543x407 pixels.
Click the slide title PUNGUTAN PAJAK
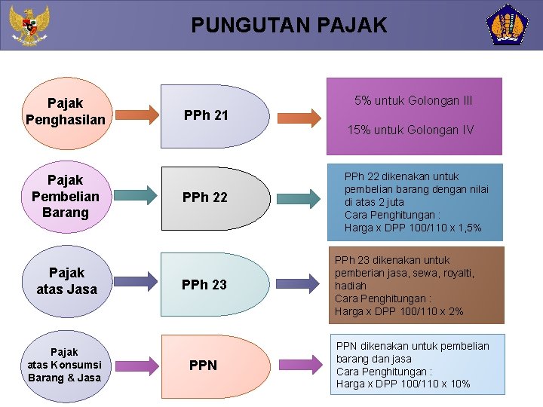click(289, 26)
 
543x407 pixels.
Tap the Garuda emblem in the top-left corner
click(29, 25)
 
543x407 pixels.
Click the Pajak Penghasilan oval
click(65, 111)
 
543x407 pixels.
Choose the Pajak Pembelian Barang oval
click(65, 196)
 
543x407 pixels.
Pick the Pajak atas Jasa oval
click(66, 280)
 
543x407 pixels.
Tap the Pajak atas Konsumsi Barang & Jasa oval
click(64, 365)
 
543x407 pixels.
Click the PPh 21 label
click(206, 115)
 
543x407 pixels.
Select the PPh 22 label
click(204, 197)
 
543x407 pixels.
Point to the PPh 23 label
click(204, 284)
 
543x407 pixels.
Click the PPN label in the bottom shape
click(203, 366)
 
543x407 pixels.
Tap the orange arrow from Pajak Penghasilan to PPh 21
click(139, 116)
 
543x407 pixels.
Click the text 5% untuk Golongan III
click(413, 100)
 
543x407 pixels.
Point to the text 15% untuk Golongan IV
click(410, 130)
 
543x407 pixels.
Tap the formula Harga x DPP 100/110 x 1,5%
click(413, 228)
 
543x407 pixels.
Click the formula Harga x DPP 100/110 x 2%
click(399, 311)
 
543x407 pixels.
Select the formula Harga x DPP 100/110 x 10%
click(403, 384)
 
